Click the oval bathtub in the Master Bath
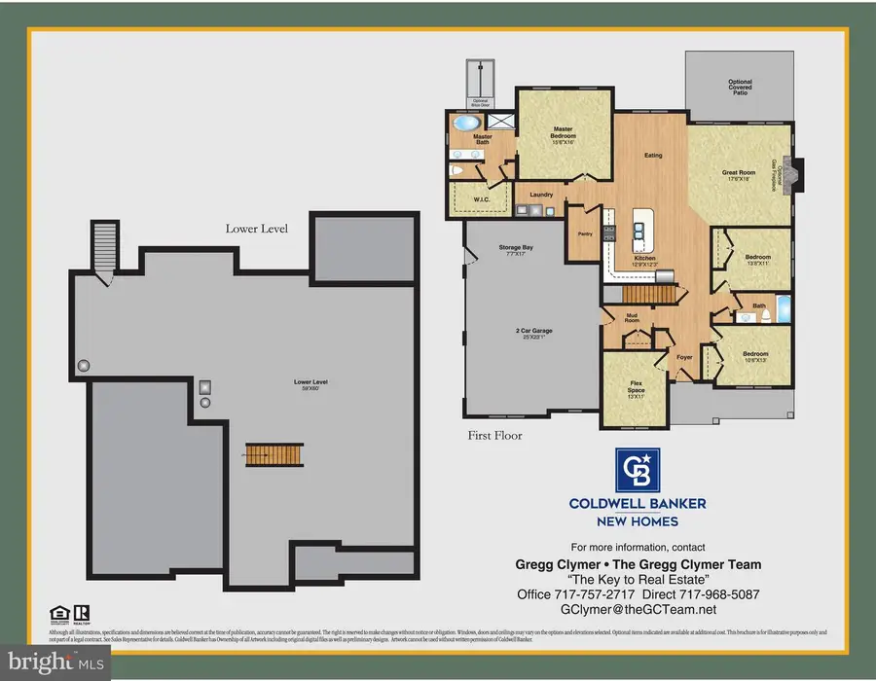pyautogui.click(x=468, y=124)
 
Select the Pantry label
pyautogui.click(x=585, y=233)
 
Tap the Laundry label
pyautogui.click(x=540, y=195)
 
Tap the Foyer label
pyautogui.click(x=684, y=357)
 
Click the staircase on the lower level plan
pyautogui.click(x=262, y=453)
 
